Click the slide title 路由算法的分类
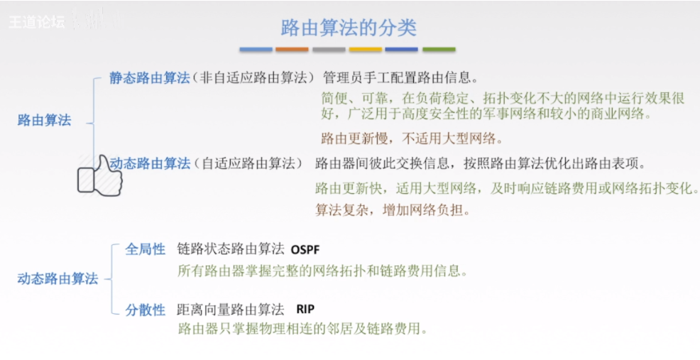pyautogui.click(x=349, y=28)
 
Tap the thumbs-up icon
pyautogui.click(x=99, y=174)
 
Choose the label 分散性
pyautogui.click(x=146, y=310)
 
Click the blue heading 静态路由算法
pyautogui.click(x=149, y=77)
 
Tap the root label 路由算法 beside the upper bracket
pyautogui.click(x=44, y=120)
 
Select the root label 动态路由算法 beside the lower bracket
pyautogui.click(x=58, y=279)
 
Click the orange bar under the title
pyautogui.click(x=292, y=50)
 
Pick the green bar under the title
pyautogui.click(x=439, y=50)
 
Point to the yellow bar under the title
pyautogui.click(x=366, y=50)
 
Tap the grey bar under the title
pyautogui.click(x=329, y=50)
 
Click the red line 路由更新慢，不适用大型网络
pyautogui.click(x=412, y=138)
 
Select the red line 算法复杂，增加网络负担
pyautogui.click(x=393, y=210)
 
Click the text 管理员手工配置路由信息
pyautogui.click(x=400, y=77)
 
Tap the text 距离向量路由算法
pyautogui.click(x=230, y=310)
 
